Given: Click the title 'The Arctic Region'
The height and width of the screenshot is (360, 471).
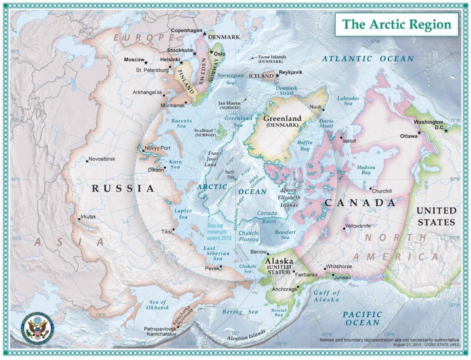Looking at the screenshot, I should (x=396, y=24).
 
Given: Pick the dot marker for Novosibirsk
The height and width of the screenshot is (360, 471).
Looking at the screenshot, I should (x=87, y=161).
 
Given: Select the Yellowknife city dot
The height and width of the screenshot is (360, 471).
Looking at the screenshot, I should (x=345, y=228).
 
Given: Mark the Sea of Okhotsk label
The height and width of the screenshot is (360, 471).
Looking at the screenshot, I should (x=158, y=305).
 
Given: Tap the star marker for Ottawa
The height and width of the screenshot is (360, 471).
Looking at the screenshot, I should (x=419, y=133).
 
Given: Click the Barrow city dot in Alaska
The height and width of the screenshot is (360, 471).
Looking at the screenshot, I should (x=268, y=253).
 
